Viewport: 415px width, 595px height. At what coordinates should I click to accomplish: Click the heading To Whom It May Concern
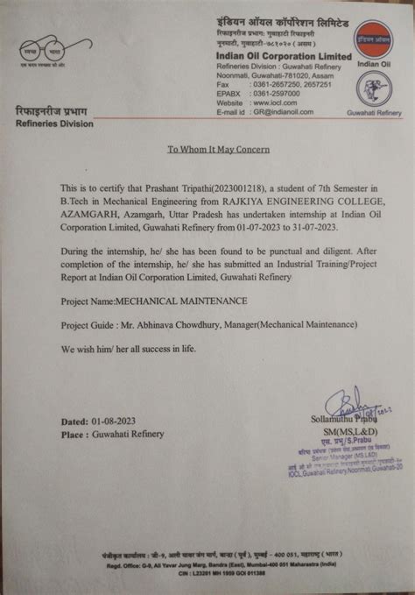pyautogui.click(x=219, y=149)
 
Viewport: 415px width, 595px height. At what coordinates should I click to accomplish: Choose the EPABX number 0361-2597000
pyautogui.click(x=279, y=92)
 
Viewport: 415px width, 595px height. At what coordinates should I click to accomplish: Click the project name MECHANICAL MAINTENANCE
pyautogui.click(x=181, y=301)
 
